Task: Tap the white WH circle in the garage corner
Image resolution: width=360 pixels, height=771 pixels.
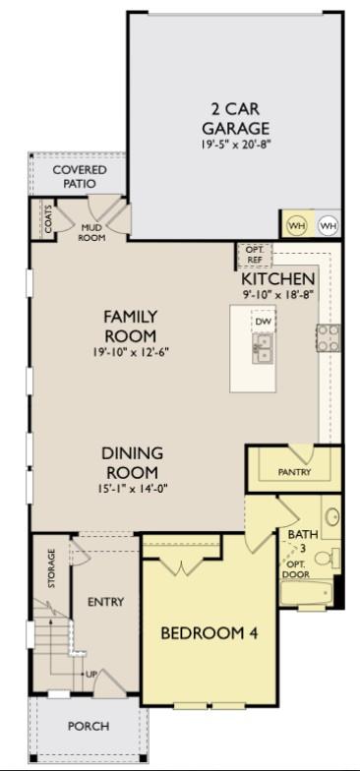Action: coord(328,225)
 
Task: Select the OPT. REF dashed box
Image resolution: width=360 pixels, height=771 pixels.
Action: coord(254,254)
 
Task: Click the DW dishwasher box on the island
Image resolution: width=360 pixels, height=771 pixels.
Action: coord(263,322)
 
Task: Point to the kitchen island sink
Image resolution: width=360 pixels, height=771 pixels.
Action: coord(263,347)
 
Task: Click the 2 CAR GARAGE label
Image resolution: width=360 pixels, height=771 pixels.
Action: coord(236,118)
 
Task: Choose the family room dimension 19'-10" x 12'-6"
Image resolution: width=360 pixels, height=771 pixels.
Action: coord(131,352)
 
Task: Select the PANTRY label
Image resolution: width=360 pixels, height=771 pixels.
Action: coord(294,472)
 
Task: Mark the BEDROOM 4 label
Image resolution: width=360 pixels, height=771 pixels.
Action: coord(210,633)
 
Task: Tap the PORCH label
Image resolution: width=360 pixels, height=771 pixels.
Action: coord(88,726)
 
